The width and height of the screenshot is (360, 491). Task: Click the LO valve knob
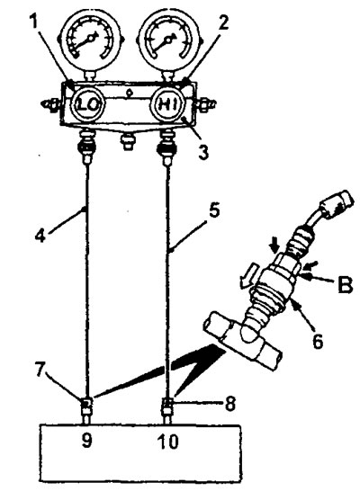86,105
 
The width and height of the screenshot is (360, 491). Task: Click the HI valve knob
168,104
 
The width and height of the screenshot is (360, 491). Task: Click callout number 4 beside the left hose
40,236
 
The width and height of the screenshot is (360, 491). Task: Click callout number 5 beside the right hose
214,210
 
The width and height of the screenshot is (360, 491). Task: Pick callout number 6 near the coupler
318,341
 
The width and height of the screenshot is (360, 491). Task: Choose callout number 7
40,371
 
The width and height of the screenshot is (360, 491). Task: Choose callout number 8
230,403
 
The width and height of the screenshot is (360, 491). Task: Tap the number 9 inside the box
86,441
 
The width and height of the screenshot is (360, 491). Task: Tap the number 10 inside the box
168,442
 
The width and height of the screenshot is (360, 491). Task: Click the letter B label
345,285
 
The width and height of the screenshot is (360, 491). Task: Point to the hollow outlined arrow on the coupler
248,274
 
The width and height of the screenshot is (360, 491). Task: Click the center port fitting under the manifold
127,140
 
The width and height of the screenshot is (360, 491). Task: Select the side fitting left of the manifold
50,103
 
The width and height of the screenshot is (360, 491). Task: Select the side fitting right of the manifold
205,103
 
